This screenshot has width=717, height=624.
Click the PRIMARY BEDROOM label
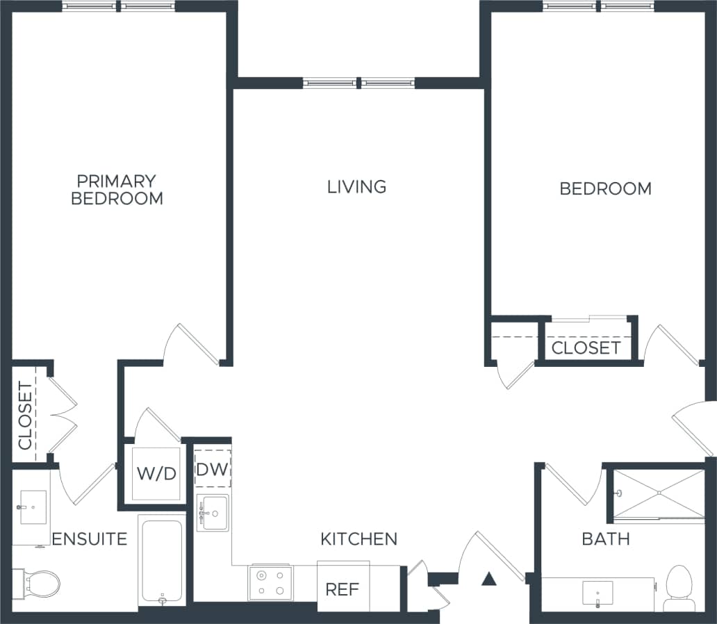click(117, 190)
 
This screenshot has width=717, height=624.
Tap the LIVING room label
click(356, 187)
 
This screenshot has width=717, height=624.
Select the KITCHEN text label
click(358, 539)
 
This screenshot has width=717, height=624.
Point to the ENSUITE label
click(90, 539)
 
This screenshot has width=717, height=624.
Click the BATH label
click(606, 539)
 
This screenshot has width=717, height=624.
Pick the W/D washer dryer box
click(156, 474)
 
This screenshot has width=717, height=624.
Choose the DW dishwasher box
click(212, 469)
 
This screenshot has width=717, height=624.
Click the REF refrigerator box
click(343, 589)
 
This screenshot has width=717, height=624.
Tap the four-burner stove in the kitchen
click(271, 582)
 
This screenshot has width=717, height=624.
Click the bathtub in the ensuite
click(162, 560)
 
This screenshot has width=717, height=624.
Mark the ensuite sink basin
click(31, 503)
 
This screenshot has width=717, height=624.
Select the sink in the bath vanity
click(597, 592)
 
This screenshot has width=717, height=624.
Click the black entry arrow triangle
click(489, 578)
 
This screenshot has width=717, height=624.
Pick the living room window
click(358, 83)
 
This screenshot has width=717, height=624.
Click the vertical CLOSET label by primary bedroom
click(25, 416)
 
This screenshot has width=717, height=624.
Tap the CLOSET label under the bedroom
click(586, 347)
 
